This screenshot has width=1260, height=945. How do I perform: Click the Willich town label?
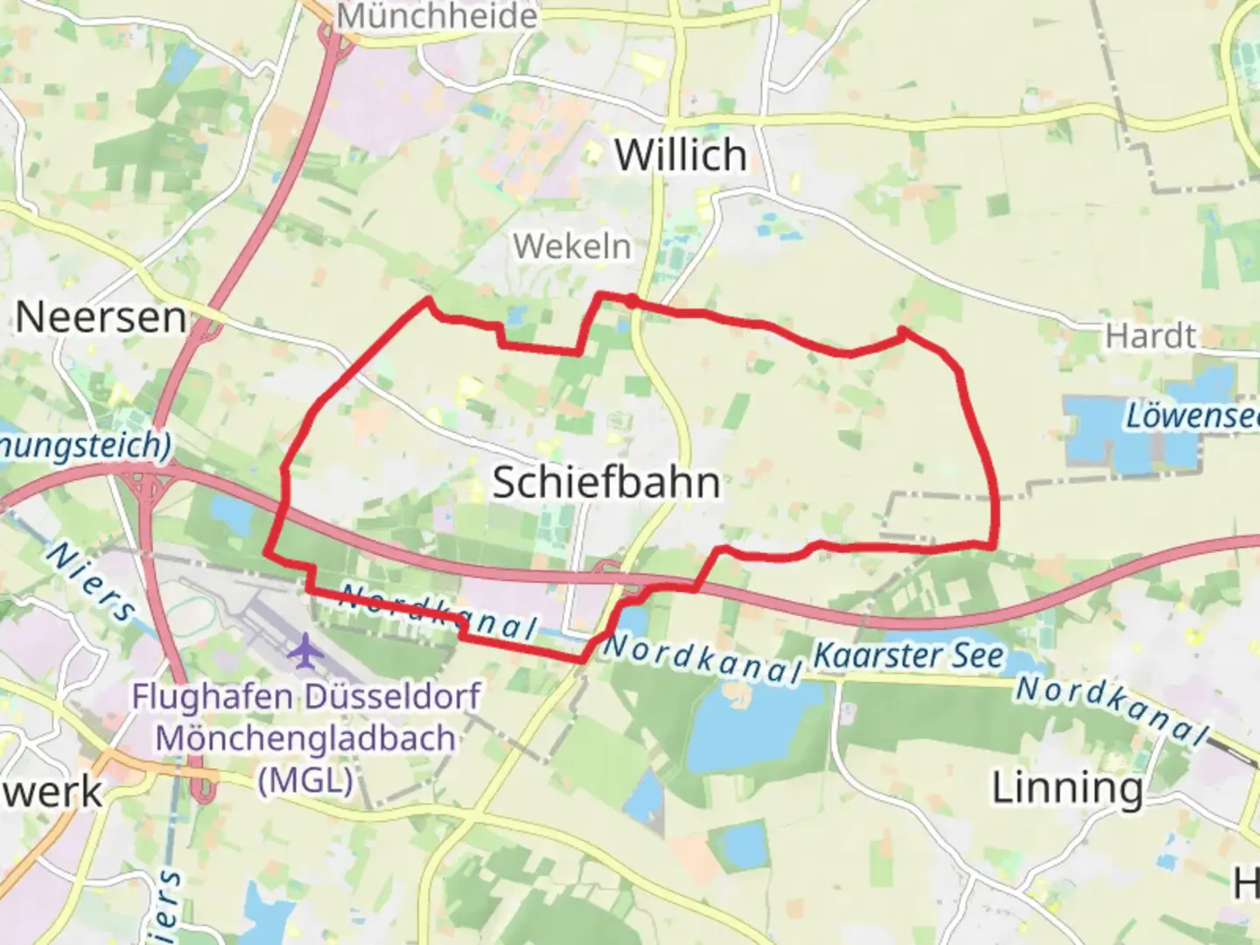click(x=681, y=156)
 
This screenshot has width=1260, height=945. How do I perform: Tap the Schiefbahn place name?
click(x=606, y=482)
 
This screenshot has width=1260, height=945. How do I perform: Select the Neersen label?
click(x=101, y=317)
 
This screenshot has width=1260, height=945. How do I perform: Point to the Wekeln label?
click(x=572, y=247)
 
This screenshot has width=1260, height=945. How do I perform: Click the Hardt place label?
click(x=1150, y=335)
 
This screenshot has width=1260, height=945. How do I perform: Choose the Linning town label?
click(x=1067, y=788)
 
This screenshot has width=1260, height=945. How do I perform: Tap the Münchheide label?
click(x=437, y=16)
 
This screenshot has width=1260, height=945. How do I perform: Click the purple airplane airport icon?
click(x=305, y=650)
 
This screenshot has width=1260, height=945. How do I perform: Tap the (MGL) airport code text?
click(x=305, y=779)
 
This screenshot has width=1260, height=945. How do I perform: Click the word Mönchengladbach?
click(x=305, y=738)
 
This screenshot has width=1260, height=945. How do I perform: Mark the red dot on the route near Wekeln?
click(x=630, y=302)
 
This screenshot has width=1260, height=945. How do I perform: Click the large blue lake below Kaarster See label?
click(x=752, y=726)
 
